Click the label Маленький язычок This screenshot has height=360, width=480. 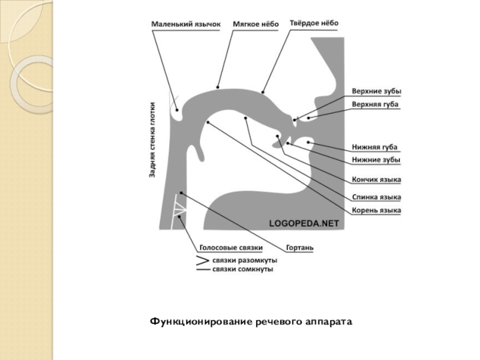[x=185, y=24]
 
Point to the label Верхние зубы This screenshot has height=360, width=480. [x=376, y=92]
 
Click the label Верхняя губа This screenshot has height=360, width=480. [x=375, y=104]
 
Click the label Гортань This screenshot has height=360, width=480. [x=299, y=247]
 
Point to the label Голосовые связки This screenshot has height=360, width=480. [x=230, y=247]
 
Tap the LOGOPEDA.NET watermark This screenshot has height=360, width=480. [x=304, y=223]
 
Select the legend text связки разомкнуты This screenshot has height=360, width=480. [x=244, y=261]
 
